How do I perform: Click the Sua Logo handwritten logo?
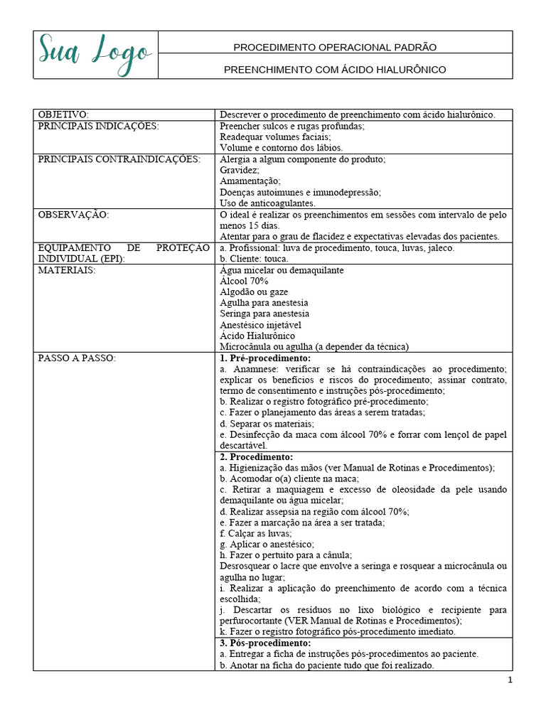pyautogui.click(x=95, y=53)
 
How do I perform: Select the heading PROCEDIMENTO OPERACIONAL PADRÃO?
pyautogui.click(x=335, y=47)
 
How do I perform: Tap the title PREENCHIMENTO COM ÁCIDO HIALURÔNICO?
pyautogui.click(x=335, y=70)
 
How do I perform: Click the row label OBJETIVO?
pyautogui.click(x=63, y=114)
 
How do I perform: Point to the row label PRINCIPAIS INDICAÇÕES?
pyautogui.click(x=98, y=126)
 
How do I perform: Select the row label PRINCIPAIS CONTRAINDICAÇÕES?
pyautogui.click(x=119, y=159)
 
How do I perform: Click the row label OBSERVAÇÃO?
pyautogui.click(x=74, y=214)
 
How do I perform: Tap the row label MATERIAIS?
pyautogui.click(x=67, y=270)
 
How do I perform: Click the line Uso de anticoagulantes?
pyautogui.click(x=267, y=203)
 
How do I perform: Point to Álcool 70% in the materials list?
pyautogui.click(x=244, y=281)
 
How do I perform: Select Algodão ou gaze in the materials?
pyautogui.click(x=254, y=292)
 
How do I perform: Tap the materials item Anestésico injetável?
pyautogui.click(x=260, y=325)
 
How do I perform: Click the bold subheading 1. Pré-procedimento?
pyautogui.click(x=265, y=358)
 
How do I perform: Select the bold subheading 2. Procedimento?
pyautogui.click(x=256, y=457)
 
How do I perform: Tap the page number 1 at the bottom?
pyautogui.click(x=510, y=680)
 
